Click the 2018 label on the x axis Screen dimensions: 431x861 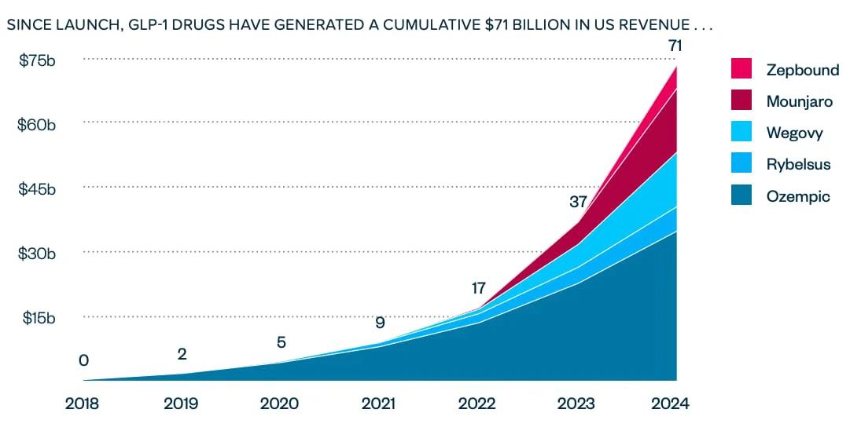point(82,404)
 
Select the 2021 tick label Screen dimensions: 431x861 point(378,404)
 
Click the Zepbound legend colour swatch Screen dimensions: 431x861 point(742,69)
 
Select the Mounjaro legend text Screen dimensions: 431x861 point(799,101)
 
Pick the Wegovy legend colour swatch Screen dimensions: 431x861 point(742,133)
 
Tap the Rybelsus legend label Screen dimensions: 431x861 point(798,164)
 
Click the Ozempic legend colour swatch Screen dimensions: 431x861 point(742,195)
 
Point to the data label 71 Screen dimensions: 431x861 point(674,46)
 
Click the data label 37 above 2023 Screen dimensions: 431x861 point(578,202)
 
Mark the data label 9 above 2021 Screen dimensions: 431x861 point(380,322)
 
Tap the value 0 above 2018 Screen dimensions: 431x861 point(83,360)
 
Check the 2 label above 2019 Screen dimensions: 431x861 point(182,354)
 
